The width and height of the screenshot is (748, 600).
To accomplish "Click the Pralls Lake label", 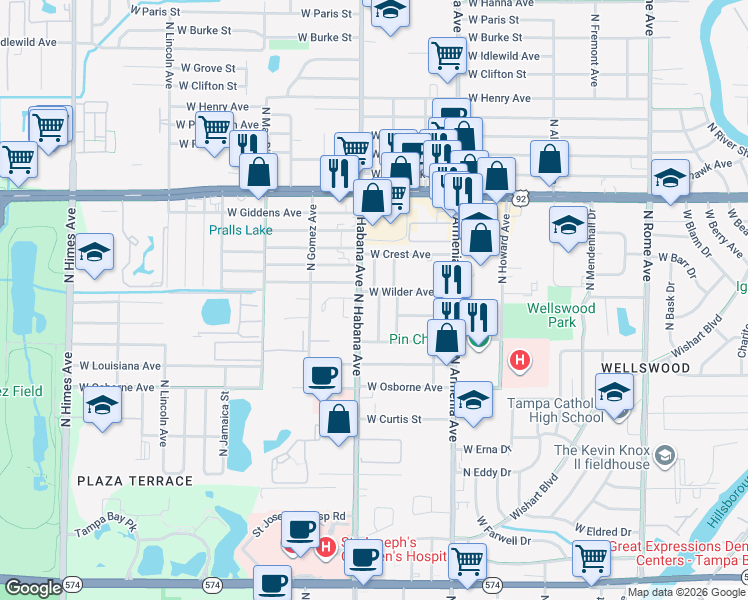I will [x=240, y=230].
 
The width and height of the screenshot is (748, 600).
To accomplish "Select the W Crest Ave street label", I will [x=400, y=255].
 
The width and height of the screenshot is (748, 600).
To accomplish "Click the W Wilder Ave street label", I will [x=400, y=292].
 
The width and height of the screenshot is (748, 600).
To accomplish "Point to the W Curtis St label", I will [x=393, y=419].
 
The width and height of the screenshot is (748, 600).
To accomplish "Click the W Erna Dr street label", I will [x=486, y=449].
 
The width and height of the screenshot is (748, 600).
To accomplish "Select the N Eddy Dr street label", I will [x=487, y=472].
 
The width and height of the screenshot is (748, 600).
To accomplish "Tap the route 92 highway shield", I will [x=521, y=199].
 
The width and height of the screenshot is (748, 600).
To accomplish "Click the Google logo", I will [x=32, y=588].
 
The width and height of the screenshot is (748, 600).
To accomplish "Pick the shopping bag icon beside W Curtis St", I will [x=339, y=420].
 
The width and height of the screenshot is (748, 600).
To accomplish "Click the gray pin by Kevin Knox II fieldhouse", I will [x=664, y=457].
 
